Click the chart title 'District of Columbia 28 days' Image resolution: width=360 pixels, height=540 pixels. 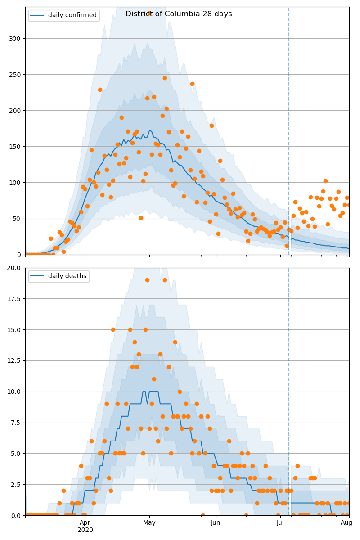coord(179,14)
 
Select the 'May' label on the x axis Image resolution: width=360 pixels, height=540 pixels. coord(149,522)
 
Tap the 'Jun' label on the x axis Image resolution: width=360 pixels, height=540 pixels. coord(216,522)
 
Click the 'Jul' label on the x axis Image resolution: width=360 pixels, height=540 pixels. coord(280,522)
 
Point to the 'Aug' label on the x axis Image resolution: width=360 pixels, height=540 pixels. coord(346,522)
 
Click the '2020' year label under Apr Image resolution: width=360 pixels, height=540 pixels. coord(85,530)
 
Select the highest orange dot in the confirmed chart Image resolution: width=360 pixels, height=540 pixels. coord(149,13)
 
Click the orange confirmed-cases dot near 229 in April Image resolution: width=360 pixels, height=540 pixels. coord(100,90)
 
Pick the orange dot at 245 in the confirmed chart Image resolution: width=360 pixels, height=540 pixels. coord(165,78)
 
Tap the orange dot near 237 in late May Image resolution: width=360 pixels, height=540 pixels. coord(192,84)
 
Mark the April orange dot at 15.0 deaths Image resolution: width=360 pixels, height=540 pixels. coord(113,329)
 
